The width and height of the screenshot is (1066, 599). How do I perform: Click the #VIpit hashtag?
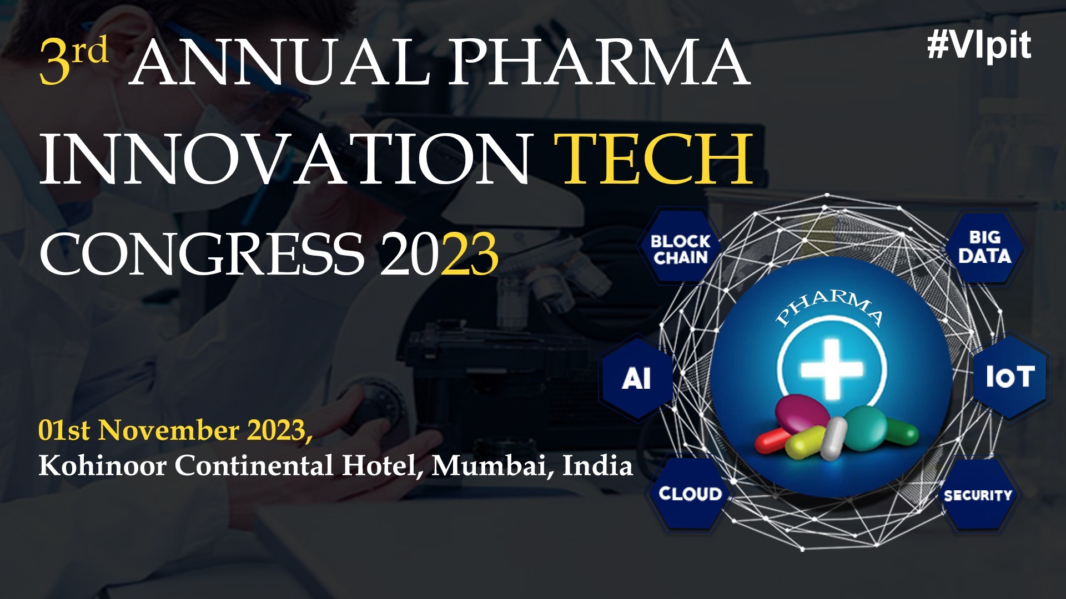coord(979,45)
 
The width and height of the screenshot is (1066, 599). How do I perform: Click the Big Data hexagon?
coord(984,247)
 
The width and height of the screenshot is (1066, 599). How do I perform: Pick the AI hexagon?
coord(636,379)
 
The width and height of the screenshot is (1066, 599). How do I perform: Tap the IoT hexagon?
coord(1010,377)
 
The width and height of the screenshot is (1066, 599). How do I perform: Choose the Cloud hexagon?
coord(690,493)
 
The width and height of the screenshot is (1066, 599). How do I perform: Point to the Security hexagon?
coord(978,495)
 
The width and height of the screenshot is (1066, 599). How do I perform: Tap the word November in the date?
coord(169,430)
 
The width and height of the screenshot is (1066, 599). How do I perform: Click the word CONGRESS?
coord(202,254)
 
